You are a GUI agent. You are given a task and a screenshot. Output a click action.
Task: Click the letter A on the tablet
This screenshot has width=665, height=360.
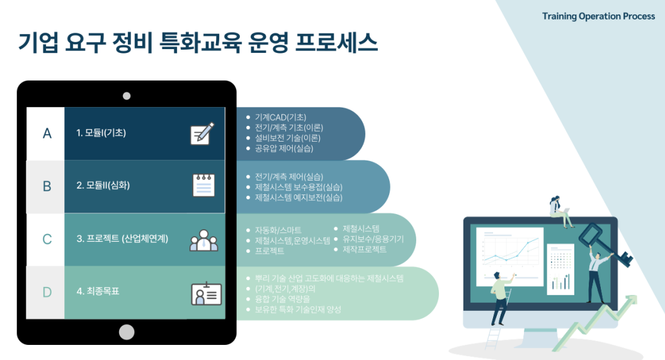(x=47, y=133)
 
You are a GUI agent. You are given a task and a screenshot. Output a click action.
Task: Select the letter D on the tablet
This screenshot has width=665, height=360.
(x=47, y=292)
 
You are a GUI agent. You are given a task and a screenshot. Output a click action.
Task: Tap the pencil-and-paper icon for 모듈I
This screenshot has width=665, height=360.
(x=202, y=133)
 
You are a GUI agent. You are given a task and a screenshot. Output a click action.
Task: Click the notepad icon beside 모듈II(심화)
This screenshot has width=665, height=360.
(x=203, y=185)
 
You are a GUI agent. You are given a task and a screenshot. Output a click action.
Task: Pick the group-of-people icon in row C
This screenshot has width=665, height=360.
(x=204, y=240)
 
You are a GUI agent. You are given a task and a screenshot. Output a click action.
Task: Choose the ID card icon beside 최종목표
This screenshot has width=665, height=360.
(x=206, y=293)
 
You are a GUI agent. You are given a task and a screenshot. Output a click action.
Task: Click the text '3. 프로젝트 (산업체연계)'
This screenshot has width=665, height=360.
(x=122, y=239)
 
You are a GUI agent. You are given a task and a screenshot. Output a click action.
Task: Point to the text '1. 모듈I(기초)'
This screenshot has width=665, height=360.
(x=101, y=133)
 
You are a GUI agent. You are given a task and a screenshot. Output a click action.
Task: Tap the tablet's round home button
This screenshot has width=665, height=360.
(x=127, y=332)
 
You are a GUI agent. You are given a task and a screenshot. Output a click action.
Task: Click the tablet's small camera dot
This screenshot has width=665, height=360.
(x=127, y=96)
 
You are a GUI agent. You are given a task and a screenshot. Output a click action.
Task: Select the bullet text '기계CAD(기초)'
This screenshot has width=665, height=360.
(x=280, y=117)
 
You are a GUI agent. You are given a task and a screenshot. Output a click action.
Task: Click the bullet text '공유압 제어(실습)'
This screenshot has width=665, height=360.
(x=284, y=149)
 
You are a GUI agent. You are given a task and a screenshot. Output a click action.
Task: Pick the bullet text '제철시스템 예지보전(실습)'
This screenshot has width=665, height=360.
(x=298, y=198)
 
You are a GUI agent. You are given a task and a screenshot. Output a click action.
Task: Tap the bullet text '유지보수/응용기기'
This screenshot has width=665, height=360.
(x=373, y=239)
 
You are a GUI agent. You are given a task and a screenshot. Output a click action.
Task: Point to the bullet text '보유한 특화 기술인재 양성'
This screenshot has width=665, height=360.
(x=298, y=310)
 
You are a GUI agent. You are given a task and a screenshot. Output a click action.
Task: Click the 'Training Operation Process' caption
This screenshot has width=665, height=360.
(x=598, y=16)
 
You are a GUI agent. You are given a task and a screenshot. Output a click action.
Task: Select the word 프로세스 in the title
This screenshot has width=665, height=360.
(x=336, y=43)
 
